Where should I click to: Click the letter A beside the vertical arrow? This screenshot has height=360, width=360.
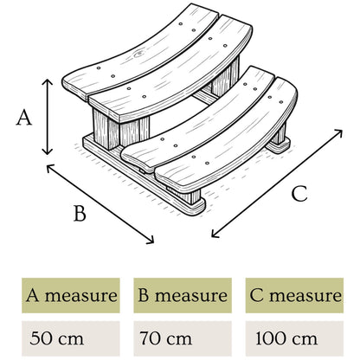pos(24,119)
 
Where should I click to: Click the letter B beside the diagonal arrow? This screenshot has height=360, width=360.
pos(80,213)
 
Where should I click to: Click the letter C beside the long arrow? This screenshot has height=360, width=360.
pos(299,194)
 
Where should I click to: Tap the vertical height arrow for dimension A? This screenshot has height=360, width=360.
pos(48,117)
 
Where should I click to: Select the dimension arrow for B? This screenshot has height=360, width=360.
pos(100,204)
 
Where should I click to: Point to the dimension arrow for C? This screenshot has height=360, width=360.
pos(277,183)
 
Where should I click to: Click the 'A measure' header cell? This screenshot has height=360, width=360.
pos(71,295)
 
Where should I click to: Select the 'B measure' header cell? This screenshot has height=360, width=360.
pos(183,295)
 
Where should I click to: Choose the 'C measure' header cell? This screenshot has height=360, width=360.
pos(294,295)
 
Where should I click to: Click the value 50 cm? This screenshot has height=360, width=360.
pos(56,338)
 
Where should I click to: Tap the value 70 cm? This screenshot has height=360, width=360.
pos(165,338)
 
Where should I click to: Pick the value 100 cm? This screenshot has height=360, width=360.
pos(286,338)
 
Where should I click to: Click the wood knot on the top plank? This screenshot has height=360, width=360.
pos(138,53)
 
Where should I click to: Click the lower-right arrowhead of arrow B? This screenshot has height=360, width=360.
pos(151,241)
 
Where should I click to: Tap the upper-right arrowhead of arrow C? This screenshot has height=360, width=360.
pos(338,132)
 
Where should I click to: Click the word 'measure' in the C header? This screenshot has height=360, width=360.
pos(305,296)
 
